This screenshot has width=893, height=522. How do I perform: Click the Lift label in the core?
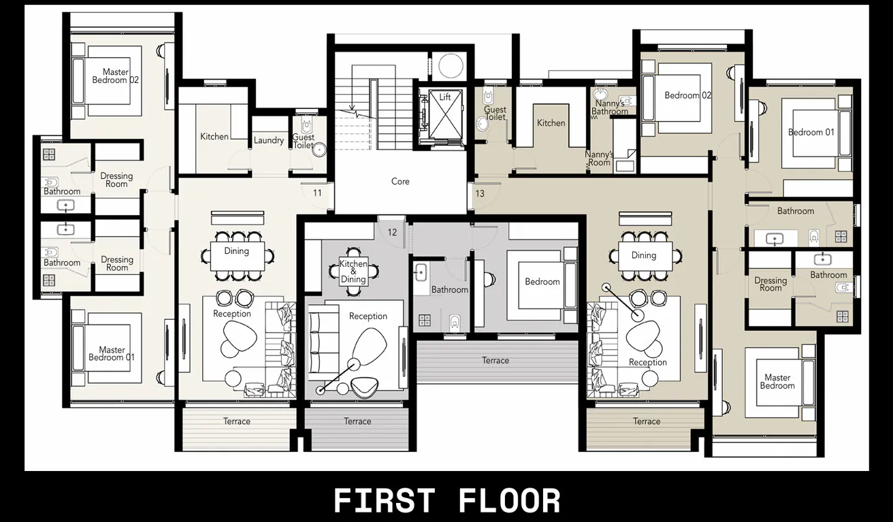tap(445, 97)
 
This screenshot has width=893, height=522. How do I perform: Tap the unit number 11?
tap(317, 193)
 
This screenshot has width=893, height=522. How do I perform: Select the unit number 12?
tap(392, 232)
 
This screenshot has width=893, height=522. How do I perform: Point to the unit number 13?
tap(480, 193)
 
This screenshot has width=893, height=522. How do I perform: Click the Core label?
tap(400, 182)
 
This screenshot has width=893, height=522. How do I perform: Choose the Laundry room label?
tap(269, 141)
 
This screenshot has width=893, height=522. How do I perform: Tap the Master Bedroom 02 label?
tap(116, 76)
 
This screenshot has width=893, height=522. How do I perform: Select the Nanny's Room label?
tap(599, 159)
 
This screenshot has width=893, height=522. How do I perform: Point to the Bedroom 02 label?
tap(687, 95)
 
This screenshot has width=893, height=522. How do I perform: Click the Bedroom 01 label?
tap(811, 132)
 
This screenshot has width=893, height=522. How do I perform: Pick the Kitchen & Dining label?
tap(353, 272)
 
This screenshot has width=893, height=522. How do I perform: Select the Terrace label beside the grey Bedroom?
tap(496, 361)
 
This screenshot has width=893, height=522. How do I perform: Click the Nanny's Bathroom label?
tap(609, 108)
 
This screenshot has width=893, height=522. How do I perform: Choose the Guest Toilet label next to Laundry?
tap(304, 141)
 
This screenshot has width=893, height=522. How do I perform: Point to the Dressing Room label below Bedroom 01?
tap(770, 284)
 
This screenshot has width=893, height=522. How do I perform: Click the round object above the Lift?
tap(450, 66)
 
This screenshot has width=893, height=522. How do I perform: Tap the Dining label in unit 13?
tap(643, 255)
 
